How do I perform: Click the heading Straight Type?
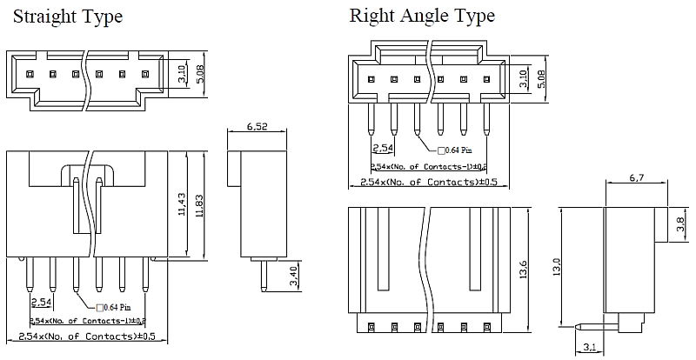pos(68,17)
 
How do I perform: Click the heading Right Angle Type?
pos(422,16)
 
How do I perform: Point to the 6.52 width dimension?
pos(256,127)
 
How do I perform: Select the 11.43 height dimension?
pos(179,205)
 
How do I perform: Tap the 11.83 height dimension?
pos(201,205)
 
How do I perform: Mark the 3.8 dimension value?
pos(680,226)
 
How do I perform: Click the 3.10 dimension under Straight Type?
pos(182,74)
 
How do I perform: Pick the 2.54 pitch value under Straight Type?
pos(41,303)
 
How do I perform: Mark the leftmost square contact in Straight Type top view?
pos(30,74)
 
